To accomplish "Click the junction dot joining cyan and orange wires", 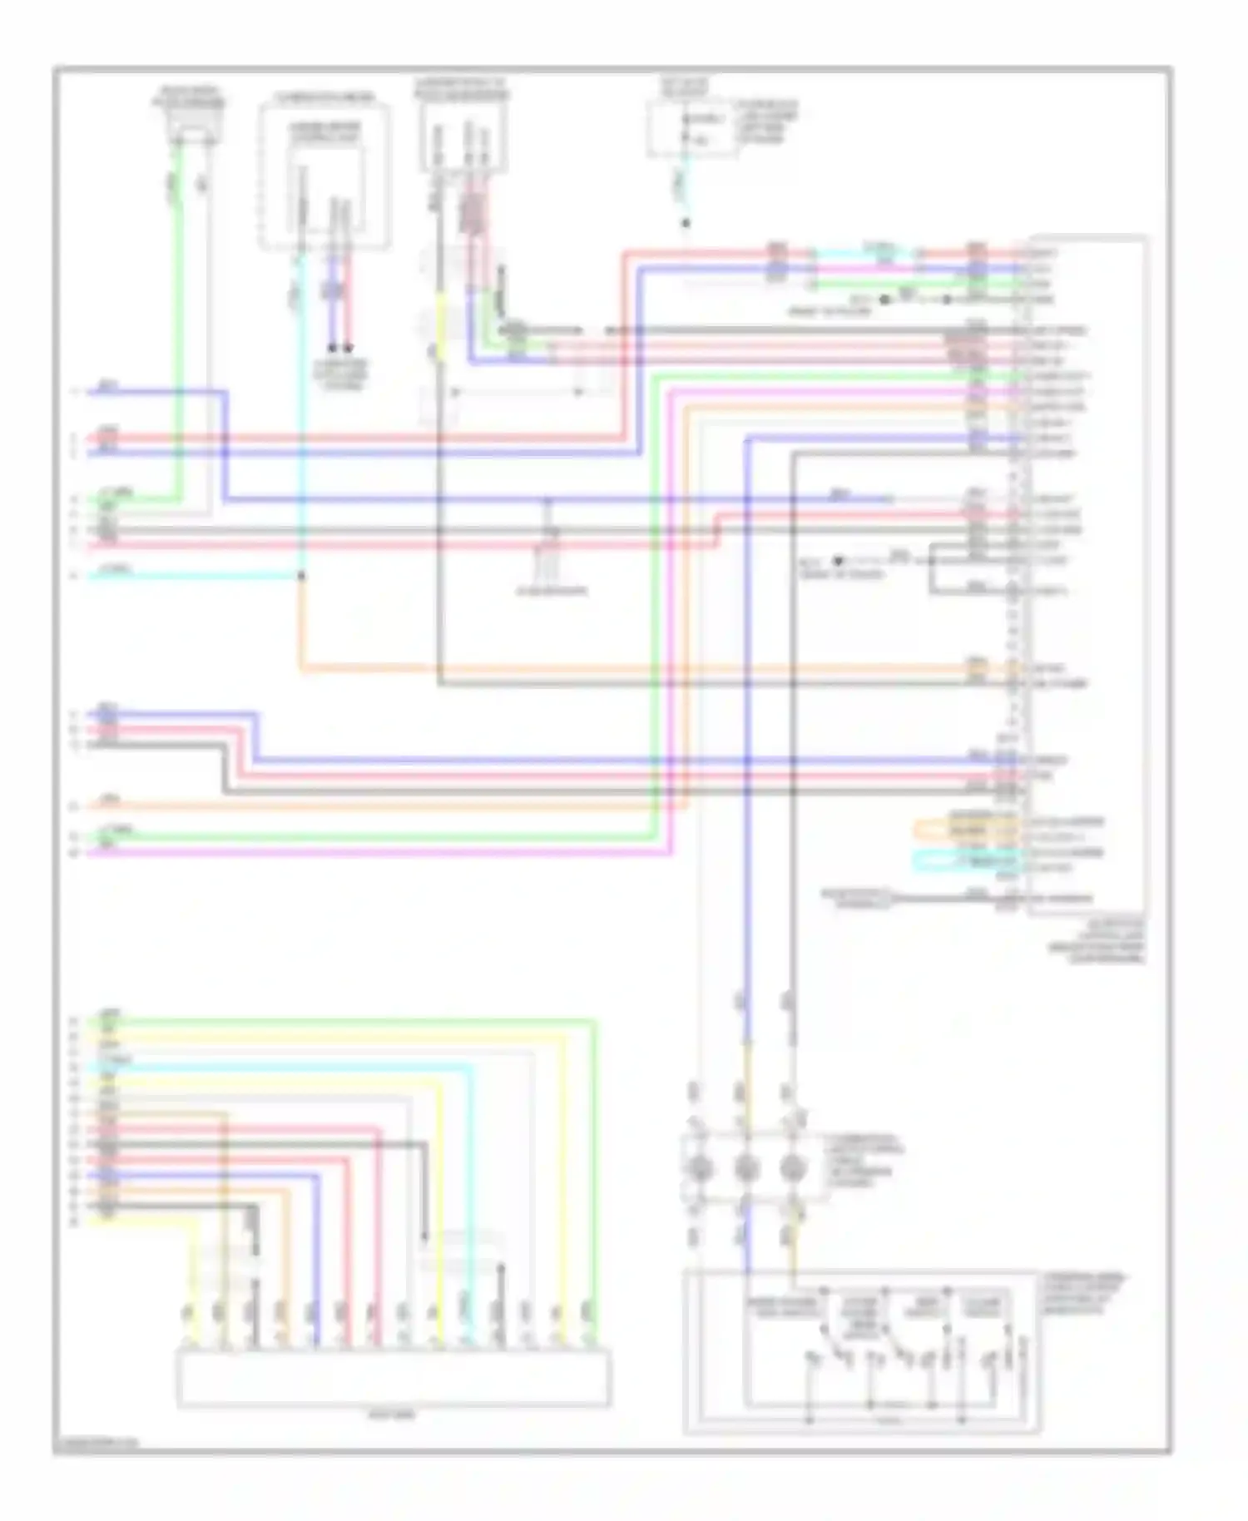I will [x=301, y=575].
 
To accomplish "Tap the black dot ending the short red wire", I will [x=348, y=348].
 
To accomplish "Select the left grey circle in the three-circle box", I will [x=699, y=1168].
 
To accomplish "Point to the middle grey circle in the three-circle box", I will [x=745, y=1168].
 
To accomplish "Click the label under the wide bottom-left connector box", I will [x=394, y=1414].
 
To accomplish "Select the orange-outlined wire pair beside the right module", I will [x=965, y=829].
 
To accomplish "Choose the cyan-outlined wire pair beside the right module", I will [x=965, y=860].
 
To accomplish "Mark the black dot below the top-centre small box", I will [x=686, y=223].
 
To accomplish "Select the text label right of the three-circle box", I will [x=865, y=1160].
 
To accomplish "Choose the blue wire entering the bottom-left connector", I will [x=316, y=1298].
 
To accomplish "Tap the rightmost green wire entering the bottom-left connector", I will [x=594, y=1298].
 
